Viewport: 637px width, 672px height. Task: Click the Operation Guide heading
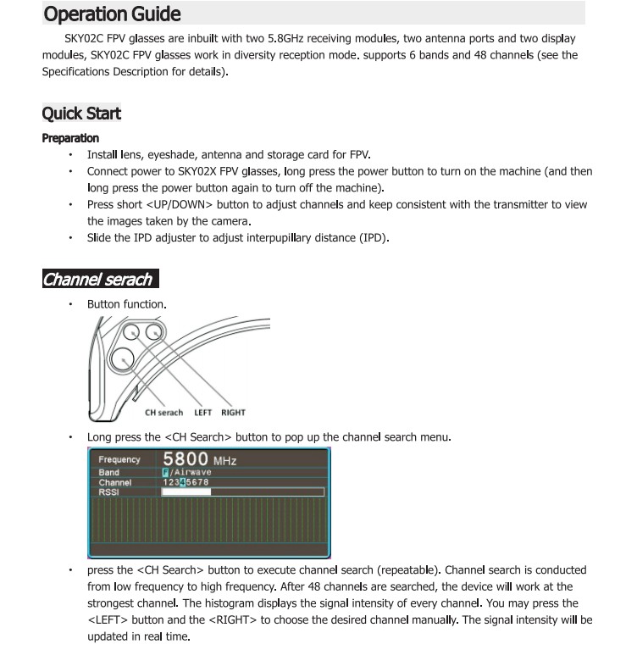click(x=111, y=14)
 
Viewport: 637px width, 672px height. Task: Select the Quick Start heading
click(x=81, y=114)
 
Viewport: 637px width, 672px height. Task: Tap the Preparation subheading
click(x=70, y=138)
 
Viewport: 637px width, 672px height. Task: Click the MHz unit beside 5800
click(x=224, y=461)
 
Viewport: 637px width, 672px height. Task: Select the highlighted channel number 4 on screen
click(x=181, y=482)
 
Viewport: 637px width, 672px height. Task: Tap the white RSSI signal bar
click(x=186, y=492)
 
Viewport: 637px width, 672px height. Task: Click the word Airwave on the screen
click(x=191, y=472)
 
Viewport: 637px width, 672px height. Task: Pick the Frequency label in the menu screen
click(x=119, y=460)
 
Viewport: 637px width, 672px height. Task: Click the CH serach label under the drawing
click(x=163, y=413)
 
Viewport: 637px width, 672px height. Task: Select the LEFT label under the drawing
click(x=203, y=413)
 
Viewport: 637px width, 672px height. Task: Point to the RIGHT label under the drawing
click(x=233, y=413)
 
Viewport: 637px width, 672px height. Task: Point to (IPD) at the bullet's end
click(x=373, y=238)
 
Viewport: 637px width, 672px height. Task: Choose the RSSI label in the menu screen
click(x=109, y=492)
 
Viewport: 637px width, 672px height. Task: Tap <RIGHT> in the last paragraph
click(x=231, y=619)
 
